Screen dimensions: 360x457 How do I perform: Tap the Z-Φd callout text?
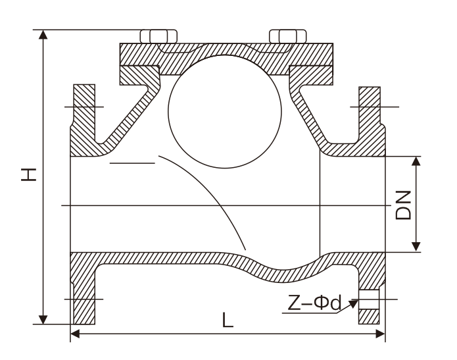314,303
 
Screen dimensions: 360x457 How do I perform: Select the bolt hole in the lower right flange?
369,299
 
